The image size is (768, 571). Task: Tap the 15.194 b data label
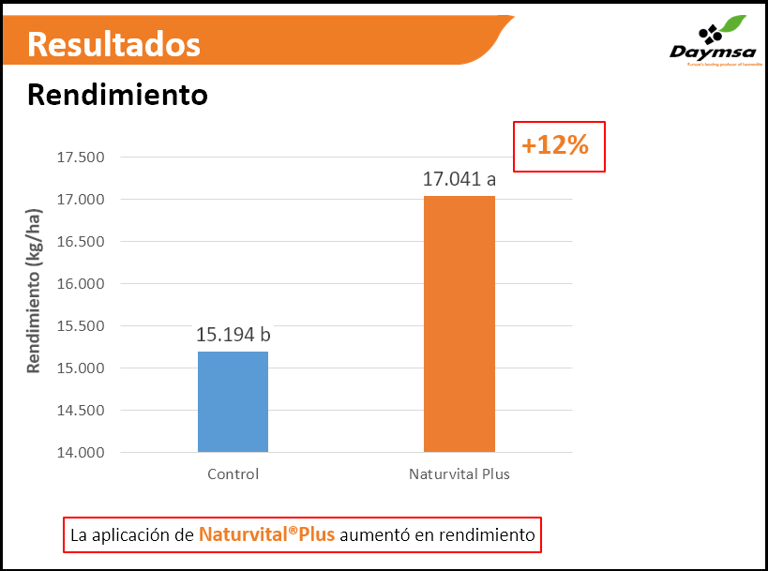[233, 335]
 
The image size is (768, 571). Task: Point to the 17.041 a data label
[459, 179]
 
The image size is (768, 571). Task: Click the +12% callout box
[559, 146]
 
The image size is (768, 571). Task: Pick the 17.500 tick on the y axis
[81, 157]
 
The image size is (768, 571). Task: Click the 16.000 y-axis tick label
[81, 283]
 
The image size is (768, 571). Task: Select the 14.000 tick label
[81, 453]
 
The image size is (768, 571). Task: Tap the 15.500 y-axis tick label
[81, 325]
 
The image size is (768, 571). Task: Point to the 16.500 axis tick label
[81, 241]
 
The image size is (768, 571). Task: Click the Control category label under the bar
[233, 474]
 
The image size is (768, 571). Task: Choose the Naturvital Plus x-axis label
[459, 474]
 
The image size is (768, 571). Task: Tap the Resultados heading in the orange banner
[113, 43]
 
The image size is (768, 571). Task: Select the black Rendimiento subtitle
[117, 95]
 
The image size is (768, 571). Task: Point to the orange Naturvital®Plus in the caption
[266, 535]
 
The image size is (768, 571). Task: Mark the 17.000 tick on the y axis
[81, 199]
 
